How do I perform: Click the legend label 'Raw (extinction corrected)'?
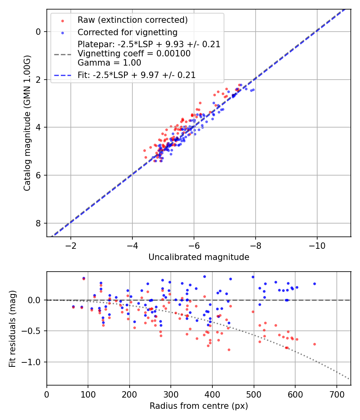coord(132,20)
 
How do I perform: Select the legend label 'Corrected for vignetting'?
coord(127,32)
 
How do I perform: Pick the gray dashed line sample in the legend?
coord(62,54)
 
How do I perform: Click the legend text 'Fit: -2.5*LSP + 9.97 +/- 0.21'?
coord(136,75)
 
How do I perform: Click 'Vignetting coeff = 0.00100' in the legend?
coord(134,53)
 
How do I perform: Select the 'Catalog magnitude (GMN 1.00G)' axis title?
coord(27,123)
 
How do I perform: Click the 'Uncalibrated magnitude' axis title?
coord(199,257)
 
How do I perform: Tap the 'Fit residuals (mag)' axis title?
coord(12,328)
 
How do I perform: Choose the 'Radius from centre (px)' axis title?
coord(199,406)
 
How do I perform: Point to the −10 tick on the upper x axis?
coord(317,244)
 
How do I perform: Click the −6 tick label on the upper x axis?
coord(194,244)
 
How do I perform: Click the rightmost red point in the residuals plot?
coord(314,344)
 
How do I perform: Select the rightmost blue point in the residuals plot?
coord(314,284)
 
